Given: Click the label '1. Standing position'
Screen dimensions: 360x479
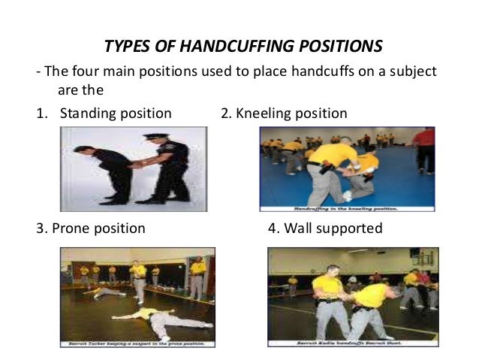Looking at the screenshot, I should (x=104, y=114).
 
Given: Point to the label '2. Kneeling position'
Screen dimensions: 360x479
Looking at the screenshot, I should (x=284, y=114).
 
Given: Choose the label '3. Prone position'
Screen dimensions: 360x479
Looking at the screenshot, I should (x=91, y=228).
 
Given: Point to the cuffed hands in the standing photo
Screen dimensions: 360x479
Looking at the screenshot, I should (x=136, y=162).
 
